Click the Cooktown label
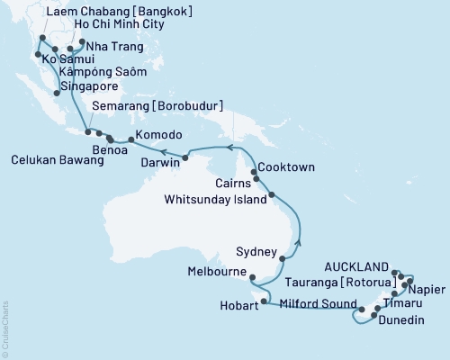point(286,167)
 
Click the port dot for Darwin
point(184,157)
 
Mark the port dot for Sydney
point(283,258)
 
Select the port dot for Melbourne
point(251,278)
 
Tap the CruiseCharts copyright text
point(5,328)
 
